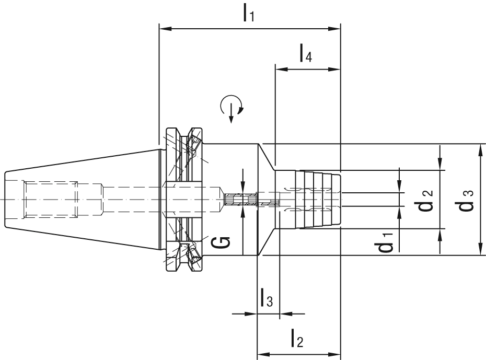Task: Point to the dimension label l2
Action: tap(296, 340)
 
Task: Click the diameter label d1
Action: tap(387, 242)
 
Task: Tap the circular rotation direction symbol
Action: tap(232, 106)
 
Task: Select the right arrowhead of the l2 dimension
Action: tap(337, 353)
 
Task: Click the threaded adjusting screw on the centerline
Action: tap(240, 200)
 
